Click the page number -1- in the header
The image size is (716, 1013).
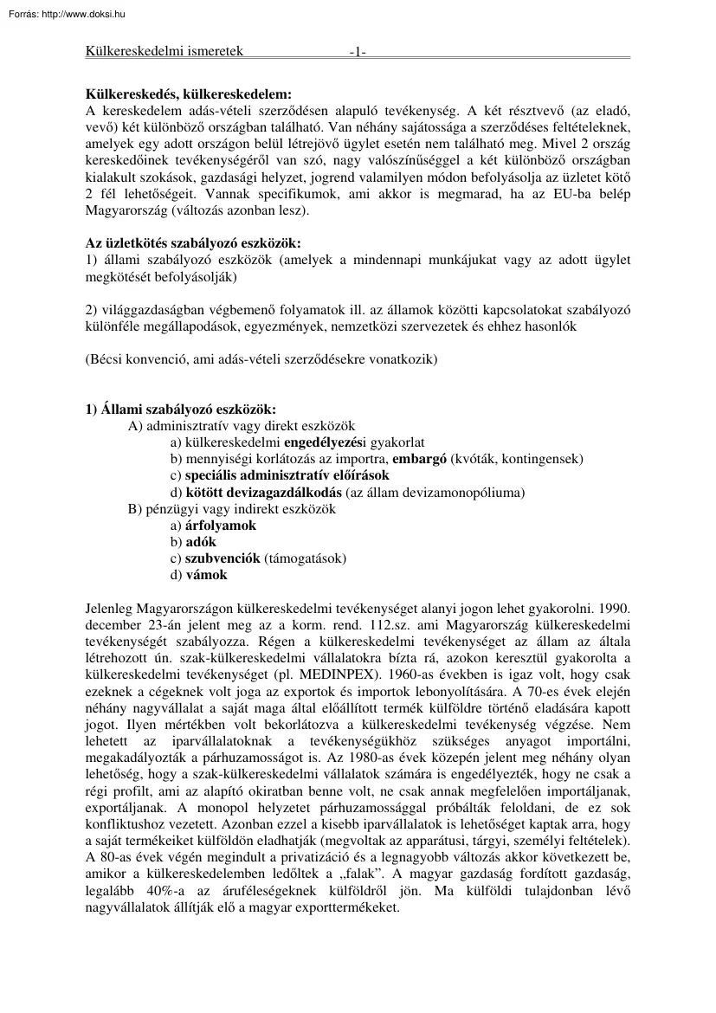click(358, 52)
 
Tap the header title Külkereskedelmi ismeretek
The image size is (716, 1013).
click(164, 51)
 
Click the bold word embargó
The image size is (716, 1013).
click(418, 458)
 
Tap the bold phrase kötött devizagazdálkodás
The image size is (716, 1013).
click(262, 493)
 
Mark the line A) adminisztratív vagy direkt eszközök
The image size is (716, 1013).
click(242, 425)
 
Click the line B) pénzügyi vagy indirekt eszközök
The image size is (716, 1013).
click(231, 509)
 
